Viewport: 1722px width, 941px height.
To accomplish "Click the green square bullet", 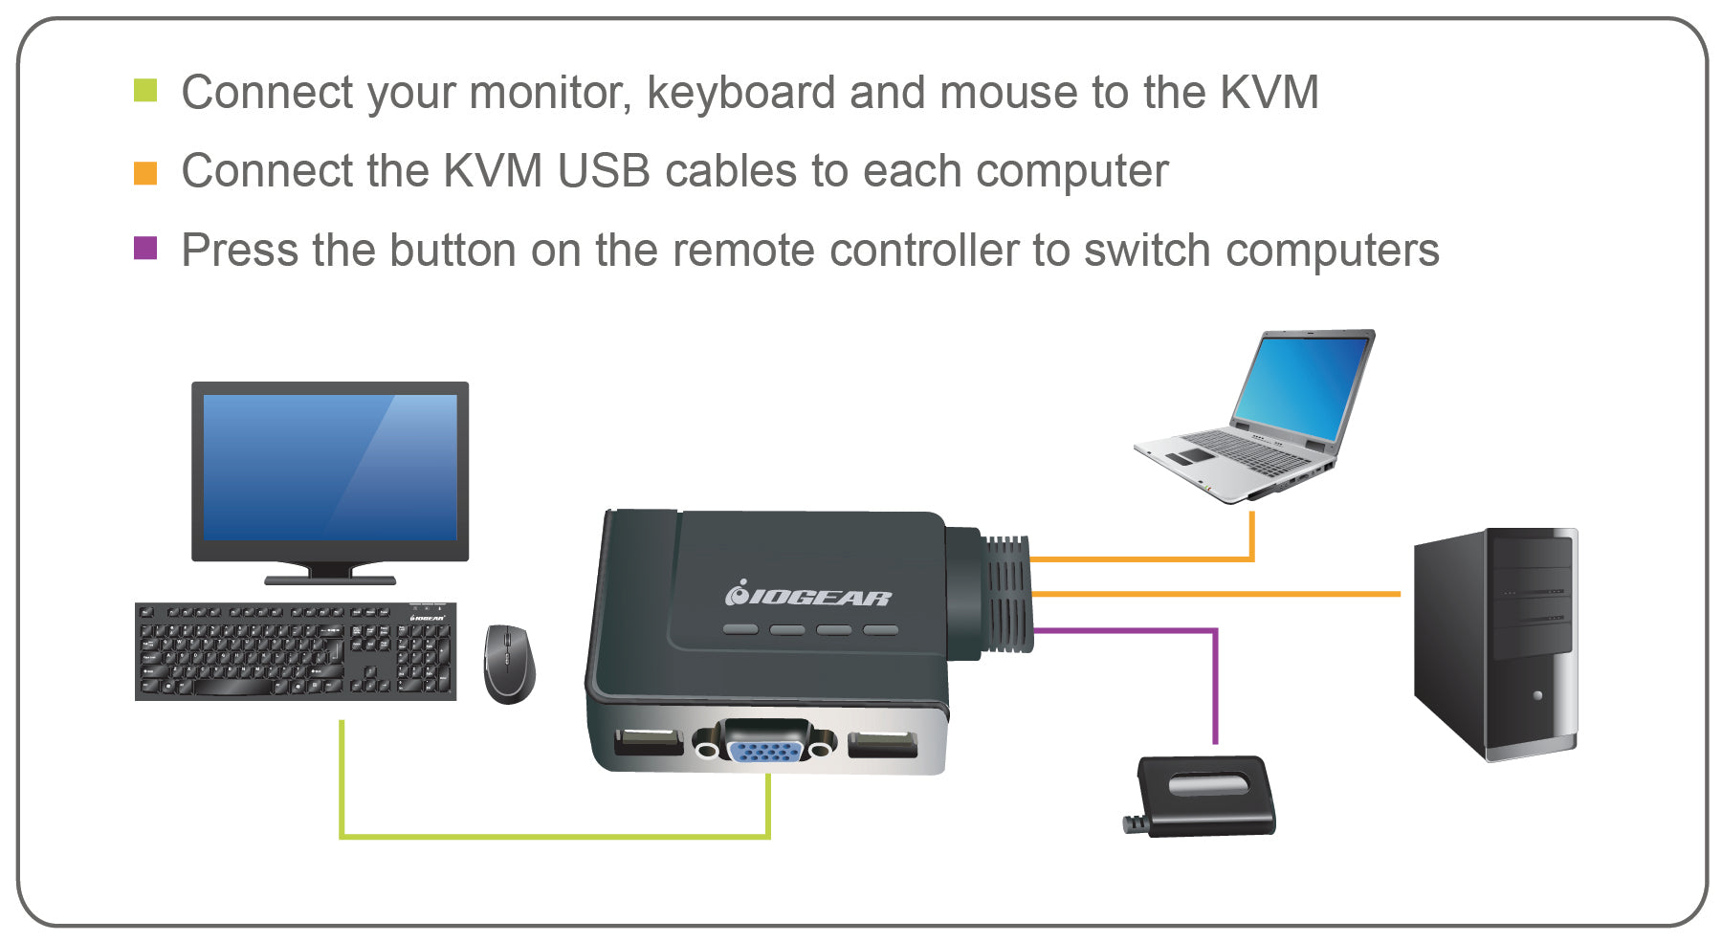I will (x=145, y=92).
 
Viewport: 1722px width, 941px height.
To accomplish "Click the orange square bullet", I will (x=145, y=172).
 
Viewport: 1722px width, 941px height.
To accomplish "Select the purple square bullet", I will (x=145, y=249).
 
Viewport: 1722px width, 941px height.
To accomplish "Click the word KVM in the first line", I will (x=1269, y=93).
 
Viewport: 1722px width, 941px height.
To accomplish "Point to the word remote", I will (x=742, y=251).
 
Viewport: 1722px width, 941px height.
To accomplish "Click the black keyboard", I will (x=295, y=651).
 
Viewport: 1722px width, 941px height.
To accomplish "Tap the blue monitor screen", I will (x=330, y=468).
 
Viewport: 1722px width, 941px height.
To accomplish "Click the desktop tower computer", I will (x=1495, y=643).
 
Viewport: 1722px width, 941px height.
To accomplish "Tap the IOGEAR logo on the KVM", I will (x=808, y=596).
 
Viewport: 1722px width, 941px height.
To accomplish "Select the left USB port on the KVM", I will (x=649, y=741).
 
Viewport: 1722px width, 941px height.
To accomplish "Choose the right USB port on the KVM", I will (x=882, y=743).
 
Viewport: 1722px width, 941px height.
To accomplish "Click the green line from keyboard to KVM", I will (x=555, y=837).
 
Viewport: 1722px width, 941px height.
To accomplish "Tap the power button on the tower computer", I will (x=1537, y=695).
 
